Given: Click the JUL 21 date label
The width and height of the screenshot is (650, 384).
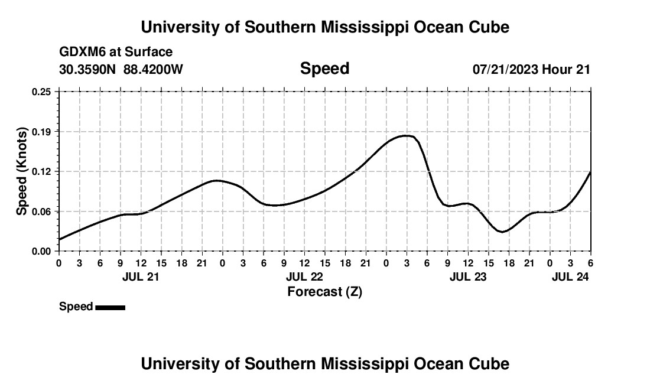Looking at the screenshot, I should click(x=140, y=276).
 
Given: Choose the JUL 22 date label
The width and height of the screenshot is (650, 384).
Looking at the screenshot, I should click(x=304, y=276).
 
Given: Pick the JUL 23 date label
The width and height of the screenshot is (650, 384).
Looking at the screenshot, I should click(x=468, y=276).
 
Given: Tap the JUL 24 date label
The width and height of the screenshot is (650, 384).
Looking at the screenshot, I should click(x=570, y=276).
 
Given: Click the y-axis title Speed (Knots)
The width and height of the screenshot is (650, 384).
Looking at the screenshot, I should click(x=22, y=171).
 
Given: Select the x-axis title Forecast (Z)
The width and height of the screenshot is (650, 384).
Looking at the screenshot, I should click(x=324, y=291).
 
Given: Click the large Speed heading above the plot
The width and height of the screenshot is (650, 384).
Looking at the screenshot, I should click(x=324, y=69).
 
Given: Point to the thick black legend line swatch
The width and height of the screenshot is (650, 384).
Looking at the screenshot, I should click(x=110, y=307).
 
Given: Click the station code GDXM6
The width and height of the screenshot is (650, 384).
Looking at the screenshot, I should click(x=81, y=52).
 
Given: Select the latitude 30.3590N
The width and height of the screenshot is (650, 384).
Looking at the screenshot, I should click(x=89, y=70).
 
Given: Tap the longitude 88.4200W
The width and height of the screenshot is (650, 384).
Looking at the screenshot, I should click(x=153, y=70).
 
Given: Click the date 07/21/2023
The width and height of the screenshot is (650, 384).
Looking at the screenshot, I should click(x=505, y=70).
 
